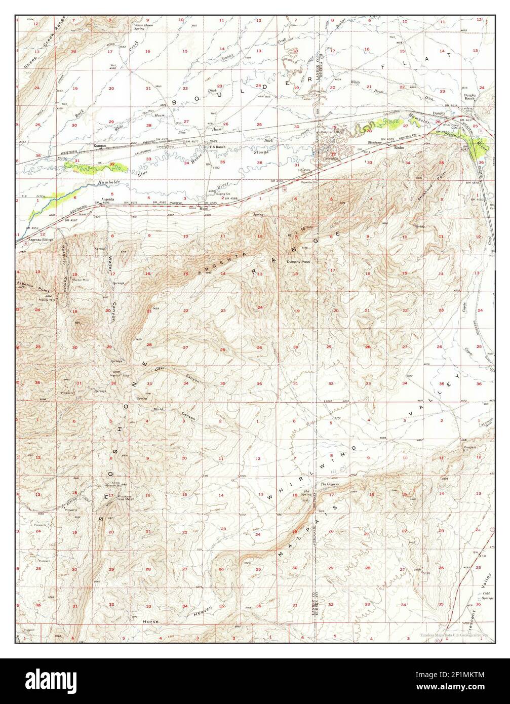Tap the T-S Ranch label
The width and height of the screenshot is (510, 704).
pyautogui.click(x=212, y=146)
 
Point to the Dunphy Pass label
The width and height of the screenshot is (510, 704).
pyautogui.click(x=298, y=262)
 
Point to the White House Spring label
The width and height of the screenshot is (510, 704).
pyautogui.click(x=143, y=27)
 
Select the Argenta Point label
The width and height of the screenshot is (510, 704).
pyautogui.click(x=27, y=284)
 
